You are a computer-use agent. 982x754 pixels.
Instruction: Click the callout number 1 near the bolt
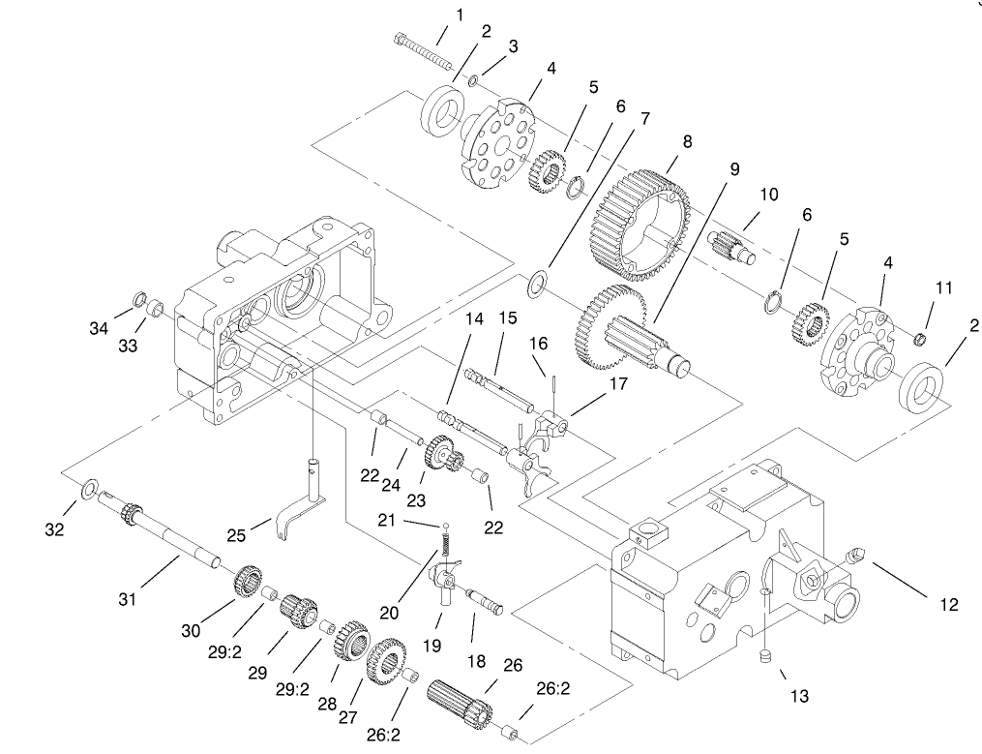460,15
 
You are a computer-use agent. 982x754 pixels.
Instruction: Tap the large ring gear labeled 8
641,215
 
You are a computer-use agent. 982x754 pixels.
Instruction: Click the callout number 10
768,195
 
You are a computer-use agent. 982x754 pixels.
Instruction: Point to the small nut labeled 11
922,338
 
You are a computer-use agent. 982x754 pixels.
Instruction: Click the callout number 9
734,168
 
